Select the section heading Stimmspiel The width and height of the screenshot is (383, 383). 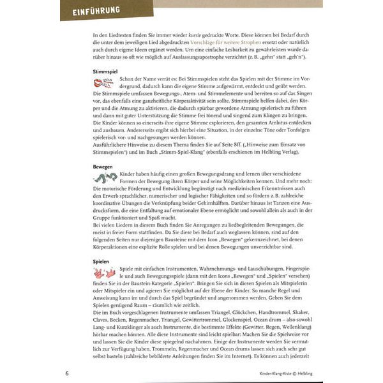89,73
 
